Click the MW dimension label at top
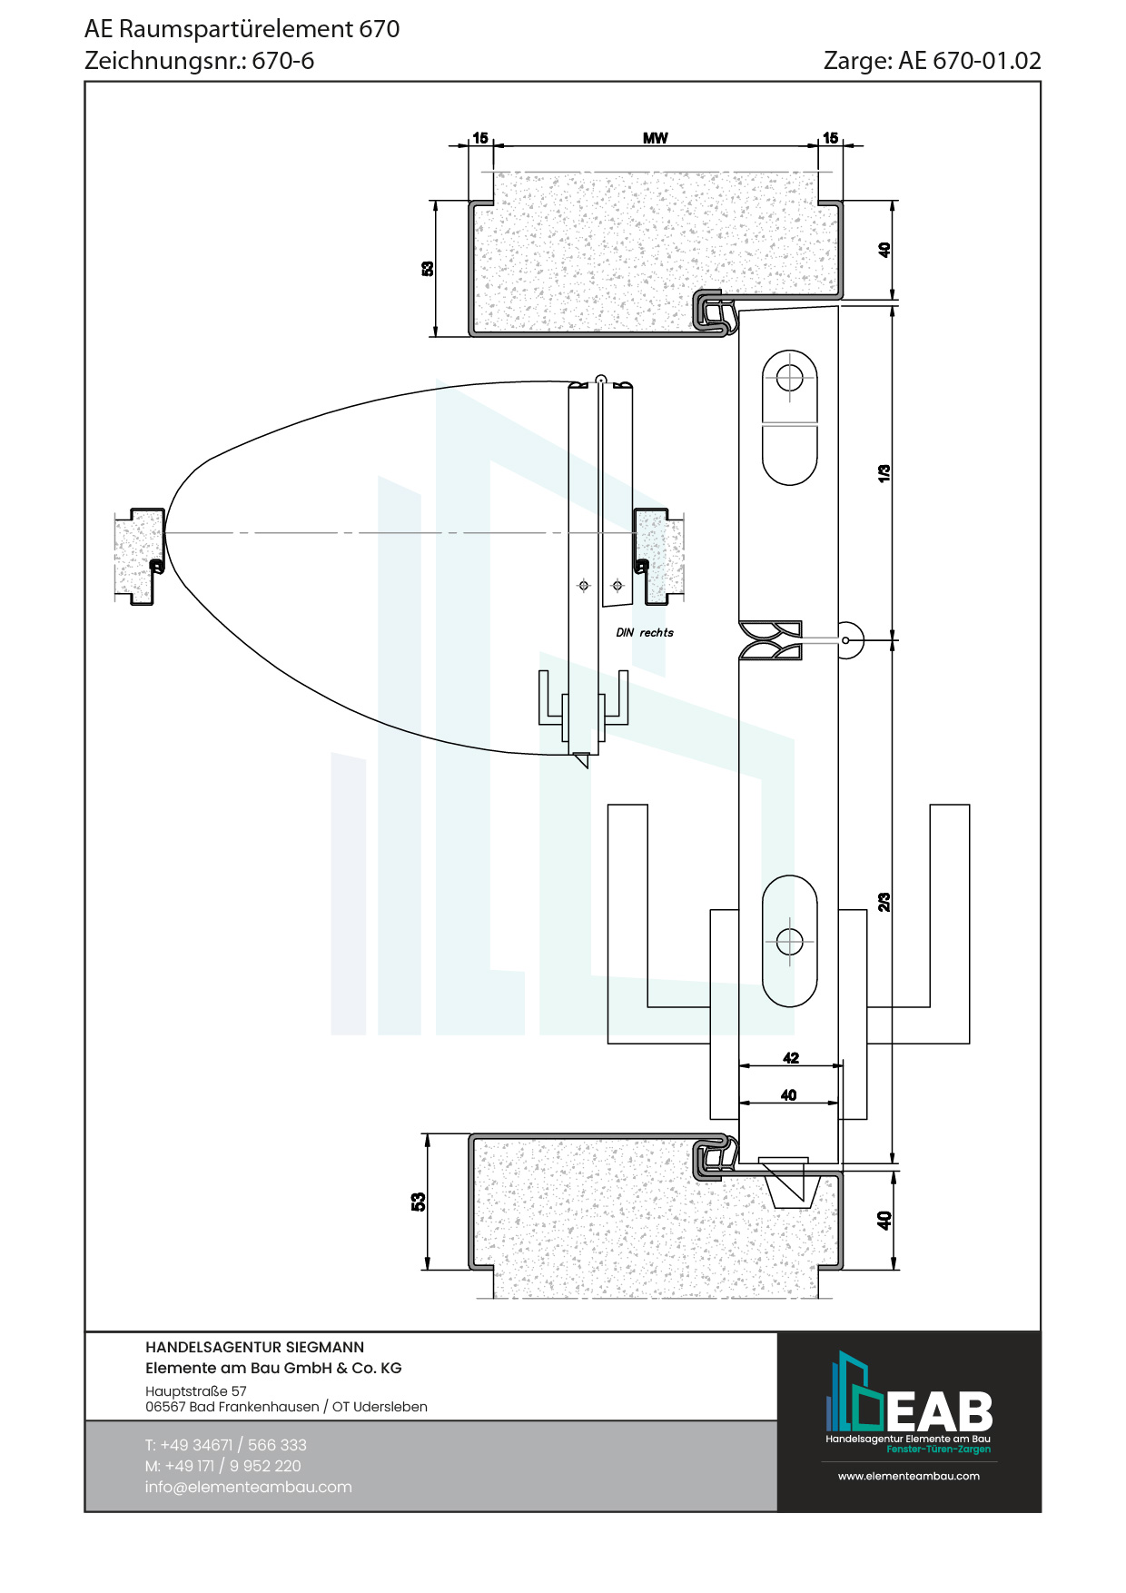(655, 138)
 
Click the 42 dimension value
(791, 1058)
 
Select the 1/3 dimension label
(884, 473)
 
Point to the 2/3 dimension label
(884, 902)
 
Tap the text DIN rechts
(645, 632)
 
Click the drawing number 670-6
(283, 61)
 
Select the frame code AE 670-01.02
(970, 61)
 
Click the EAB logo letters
(939, 1411)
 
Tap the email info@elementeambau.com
(248, 1487)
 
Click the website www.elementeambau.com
(909, 1476)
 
